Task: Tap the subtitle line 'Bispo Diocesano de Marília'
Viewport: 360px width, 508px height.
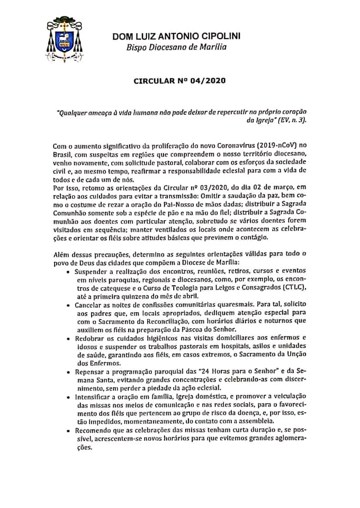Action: (176, 47)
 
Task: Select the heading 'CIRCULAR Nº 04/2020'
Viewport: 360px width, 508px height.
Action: (180, 81)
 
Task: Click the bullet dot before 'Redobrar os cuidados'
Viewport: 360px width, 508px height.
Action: (69, 338)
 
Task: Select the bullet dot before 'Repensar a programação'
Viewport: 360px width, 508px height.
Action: (69, 373)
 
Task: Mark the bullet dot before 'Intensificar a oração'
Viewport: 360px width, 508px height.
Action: (69, 397)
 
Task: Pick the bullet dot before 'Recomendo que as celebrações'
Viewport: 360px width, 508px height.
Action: (69, 431)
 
